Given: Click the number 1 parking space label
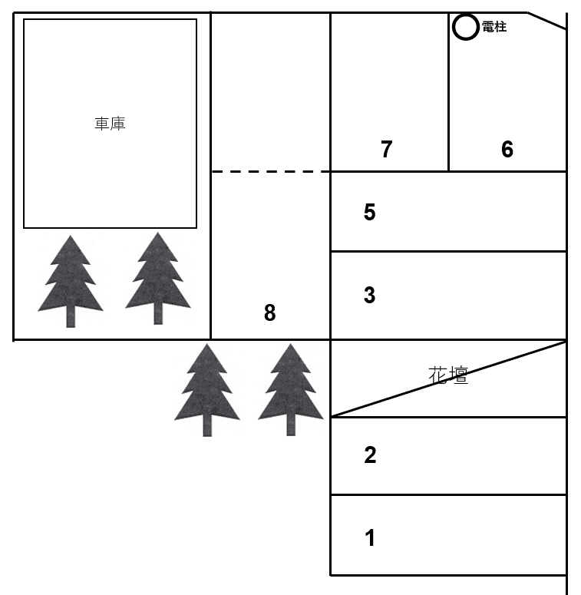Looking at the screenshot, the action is pyautogui.click(x=370, y=537).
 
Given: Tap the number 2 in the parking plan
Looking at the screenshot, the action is pyautogui.click(x=370, y=455).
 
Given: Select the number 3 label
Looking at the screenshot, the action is pyautogui.click(x=369, y=295).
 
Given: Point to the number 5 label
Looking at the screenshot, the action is pyautogui.click(x=369, y=212).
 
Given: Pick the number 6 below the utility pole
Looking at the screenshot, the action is pyautogui.click(x=507, y=149).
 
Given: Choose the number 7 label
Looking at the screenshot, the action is pyautogui.click(x=387, y=149).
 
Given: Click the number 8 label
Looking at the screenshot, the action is pyautogui.click(x=269, y=312).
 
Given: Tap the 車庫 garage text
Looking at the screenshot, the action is pyautogui.click(x=110, y=124).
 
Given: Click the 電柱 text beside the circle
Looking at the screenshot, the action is pyautogui.click(x=494, y=27).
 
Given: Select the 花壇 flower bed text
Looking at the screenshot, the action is pyautogui.click(x=448, y=375).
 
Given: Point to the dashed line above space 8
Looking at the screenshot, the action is pyautogui.click(x=271, y=171).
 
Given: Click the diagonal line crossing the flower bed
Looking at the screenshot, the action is pyautogui.click(x=449, y=379).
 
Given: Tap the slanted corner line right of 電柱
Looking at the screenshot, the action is pyautogui.click(x=547, y=21).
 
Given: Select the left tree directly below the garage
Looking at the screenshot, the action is pyautogui.click(x=71, y=281).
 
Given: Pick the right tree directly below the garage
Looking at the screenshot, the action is pyautogui.click(x=158, y=278).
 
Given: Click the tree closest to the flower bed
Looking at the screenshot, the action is pyautogui.click(x=291, y=390).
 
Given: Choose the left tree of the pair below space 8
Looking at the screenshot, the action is pyautogui.click(x=207, y=390).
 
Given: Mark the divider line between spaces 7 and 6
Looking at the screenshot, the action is pyautogui.click(x=449, y=92).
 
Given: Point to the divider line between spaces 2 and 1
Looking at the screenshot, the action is pyautogui.click(x=449, y=495).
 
